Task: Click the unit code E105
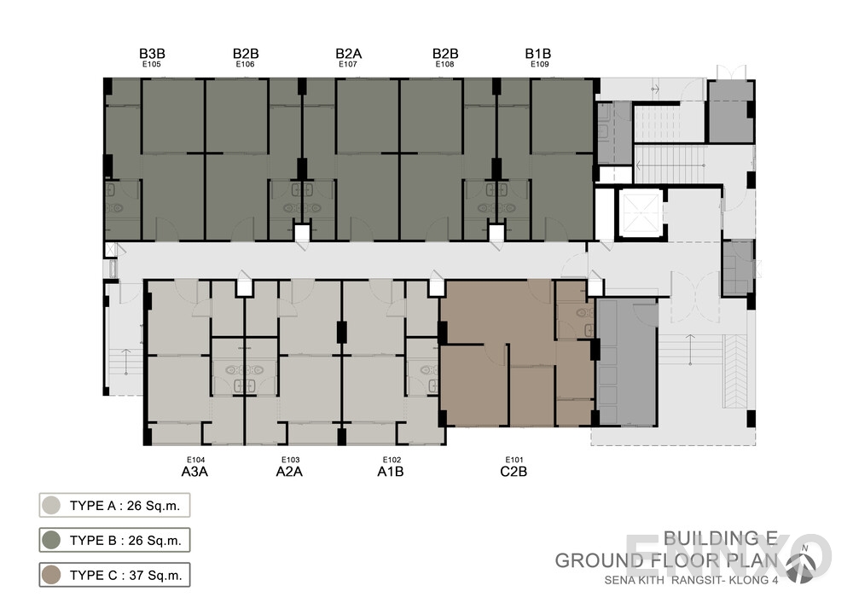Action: point(153,64)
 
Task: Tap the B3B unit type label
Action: point(152,54)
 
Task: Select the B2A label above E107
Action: point(348,54)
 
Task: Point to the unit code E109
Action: point(539,64)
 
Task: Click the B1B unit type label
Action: point(538,54)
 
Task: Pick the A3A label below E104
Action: point(195,470)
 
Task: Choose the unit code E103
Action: point(290,459)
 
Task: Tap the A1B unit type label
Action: point(390,470)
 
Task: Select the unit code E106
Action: point(245,64)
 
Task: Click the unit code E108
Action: point(444,64)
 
